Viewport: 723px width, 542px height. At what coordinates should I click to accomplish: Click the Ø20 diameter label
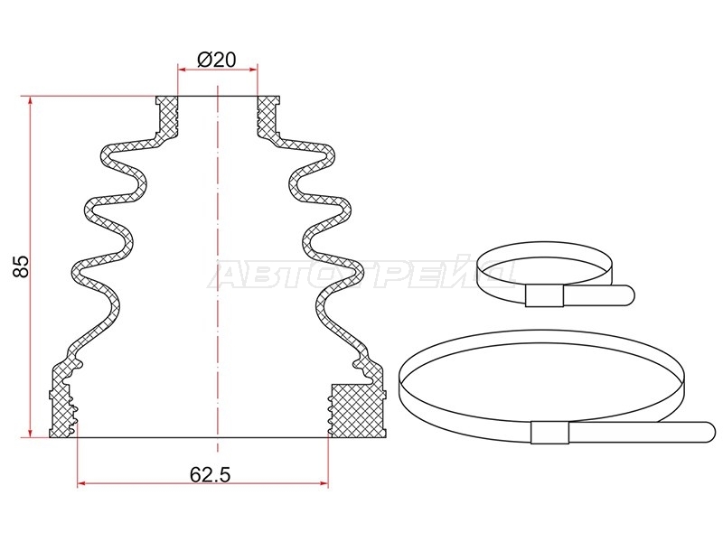click(216, 60)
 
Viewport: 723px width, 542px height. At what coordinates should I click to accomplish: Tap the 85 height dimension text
click(21, 266)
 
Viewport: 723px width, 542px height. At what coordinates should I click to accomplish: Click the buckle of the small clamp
click(545, 296)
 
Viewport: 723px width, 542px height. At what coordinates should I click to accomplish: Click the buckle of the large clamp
click(549, 433)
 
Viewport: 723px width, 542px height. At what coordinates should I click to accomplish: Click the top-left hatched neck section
click(167, 117)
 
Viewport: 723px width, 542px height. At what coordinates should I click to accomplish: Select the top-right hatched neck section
click(268, 117)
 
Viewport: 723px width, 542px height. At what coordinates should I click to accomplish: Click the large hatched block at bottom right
click(357, 410)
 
